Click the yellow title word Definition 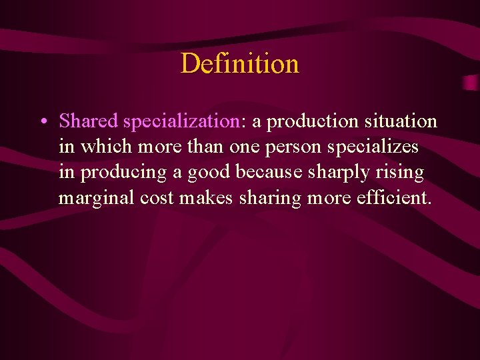239,64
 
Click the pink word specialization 181,121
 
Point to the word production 313,121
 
